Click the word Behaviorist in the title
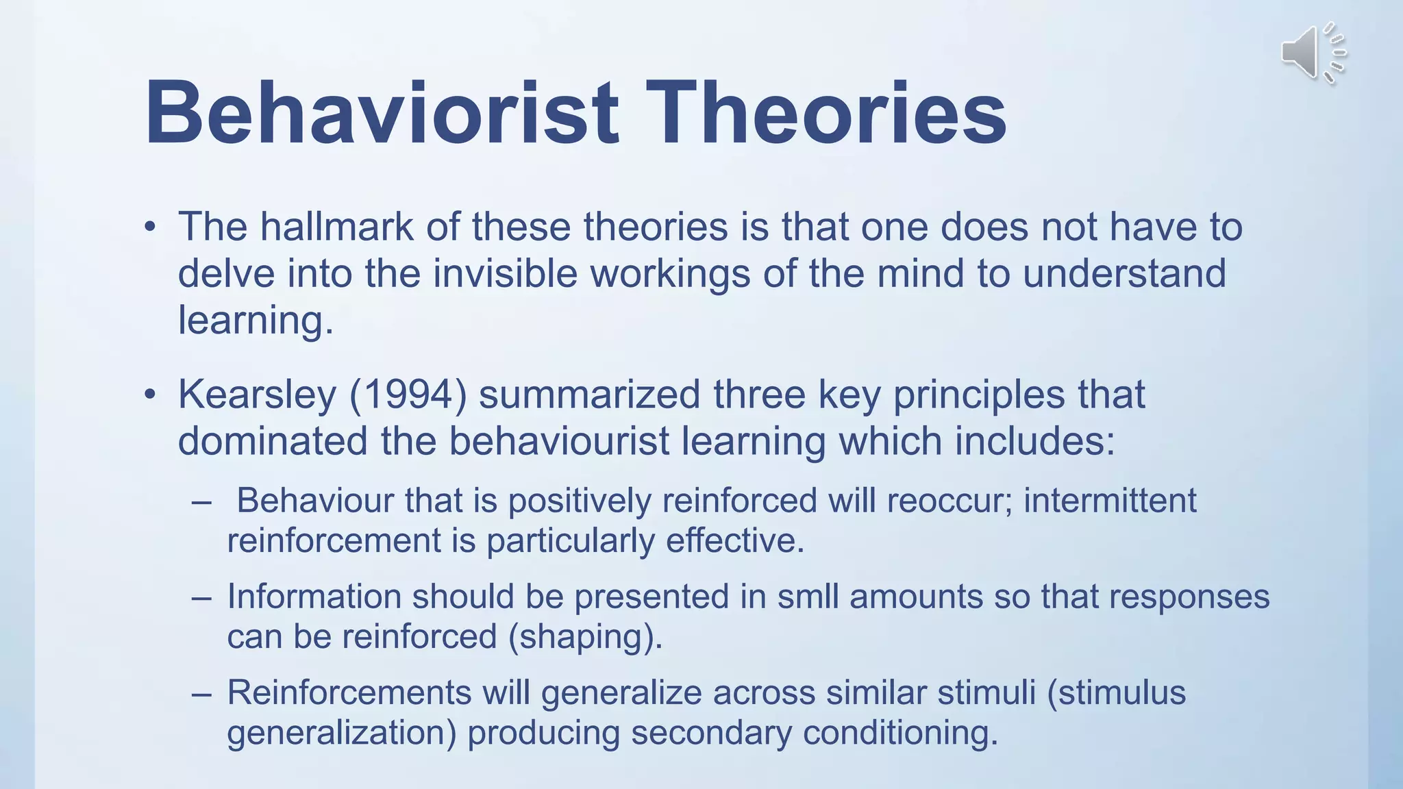coord(382,113)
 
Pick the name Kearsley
coord(258,395)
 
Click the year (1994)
coord(408,395)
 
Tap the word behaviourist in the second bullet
coord(558,441)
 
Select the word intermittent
coord(1110,501)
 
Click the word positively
coord(580,501)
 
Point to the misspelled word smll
coord(808,597)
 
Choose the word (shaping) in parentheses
coord(585,637)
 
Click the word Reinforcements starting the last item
coord(349,692)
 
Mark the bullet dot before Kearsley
coord(150,395)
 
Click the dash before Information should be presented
coord(201,597)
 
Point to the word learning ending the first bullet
coord(255,321)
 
